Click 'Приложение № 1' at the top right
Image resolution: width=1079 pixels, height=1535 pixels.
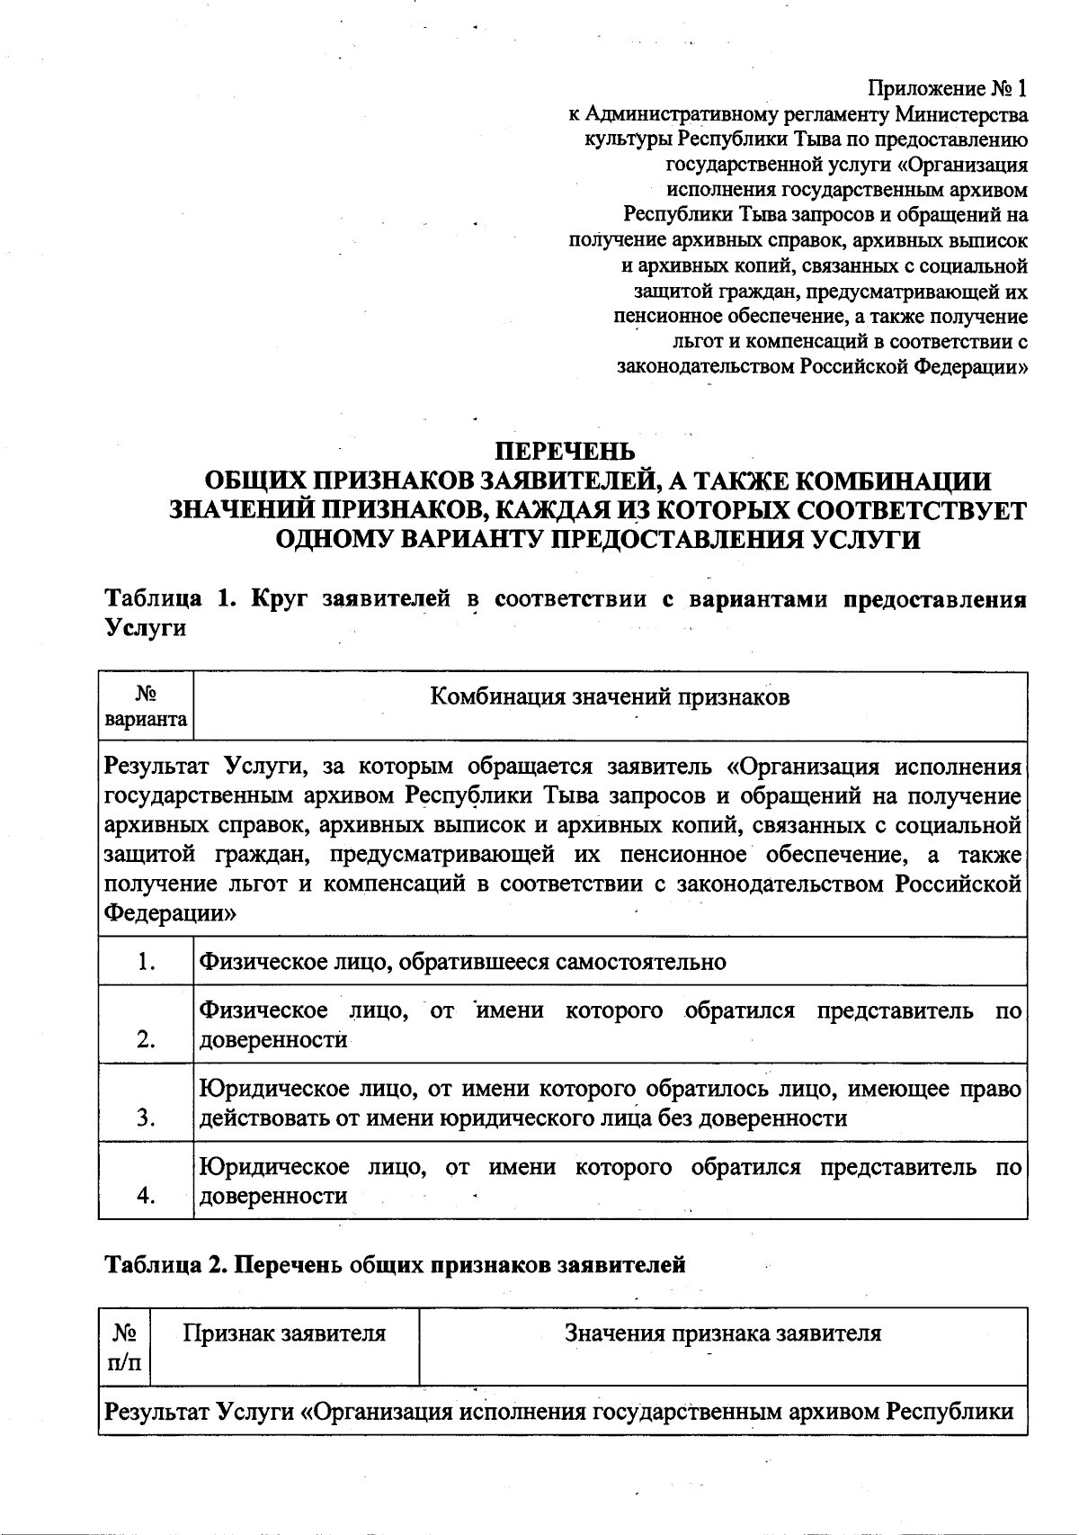[946, 89]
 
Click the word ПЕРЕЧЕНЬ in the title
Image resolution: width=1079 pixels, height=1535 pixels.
[566, 451]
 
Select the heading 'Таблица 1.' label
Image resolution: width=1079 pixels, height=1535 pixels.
[171, 599]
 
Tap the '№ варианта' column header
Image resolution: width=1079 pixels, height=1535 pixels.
[146, 707]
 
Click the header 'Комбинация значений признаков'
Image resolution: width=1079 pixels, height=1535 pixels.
[610, 697]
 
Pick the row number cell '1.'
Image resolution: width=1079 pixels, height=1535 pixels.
[146, 962]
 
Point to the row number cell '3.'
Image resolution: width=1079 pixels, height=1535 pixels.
[146, 1118]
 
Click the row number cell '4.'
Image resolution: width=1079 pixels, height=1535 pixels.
[146, 1196]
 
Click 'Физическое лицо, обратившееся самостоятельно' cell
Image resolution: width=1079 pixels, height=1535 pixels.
[462, 962]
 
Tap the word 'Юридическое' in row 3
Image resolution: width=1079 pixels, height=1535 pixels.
[273, 1090]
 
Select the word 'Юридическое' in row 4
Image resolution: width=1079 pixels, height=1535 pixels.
[273, 1168]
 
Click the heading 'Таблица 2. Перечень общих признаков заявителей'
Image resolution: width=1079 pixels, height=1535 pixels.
[396, 1264]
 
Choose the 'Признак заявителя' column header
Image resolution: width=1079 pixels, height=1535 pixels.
[284, 1333]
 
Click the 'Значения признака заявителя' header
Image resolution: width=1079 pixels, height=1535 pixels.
[723, 1333]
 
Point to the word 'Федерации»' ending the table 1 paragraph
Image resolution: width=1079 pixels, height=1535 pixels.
[171, 913]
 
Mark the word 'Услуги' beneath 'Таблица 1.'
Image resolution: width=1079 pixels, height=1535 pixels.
[146, 628]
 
